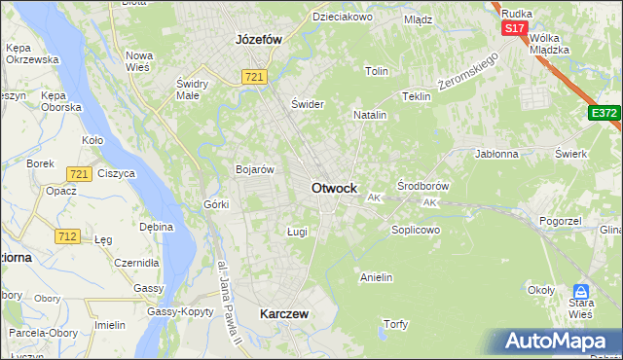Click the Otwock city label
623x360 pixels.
coord(333,188)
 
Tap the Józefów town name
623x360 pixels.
coord(258,40)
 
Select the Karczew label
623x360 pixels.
coord(284,314)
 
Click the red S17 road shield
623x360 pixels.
coord(514,29)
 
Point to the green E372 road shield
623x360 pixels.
coord(604,114)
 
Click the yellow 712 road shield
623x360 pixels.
coord(68,236)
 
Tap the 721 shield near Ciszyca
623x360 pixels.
coord(80,174)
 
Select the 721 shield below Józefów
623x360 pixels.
coord(255,77)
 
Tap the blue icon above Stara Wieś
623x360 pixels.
coord(581,291)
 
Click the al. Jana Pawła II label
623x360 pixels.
coord(230,302)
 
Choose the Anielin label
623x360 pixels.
coord(376,277)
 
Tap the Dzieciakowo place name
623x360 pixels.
coord(342,18)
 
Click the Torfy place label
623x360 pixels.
coord(395,324)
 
